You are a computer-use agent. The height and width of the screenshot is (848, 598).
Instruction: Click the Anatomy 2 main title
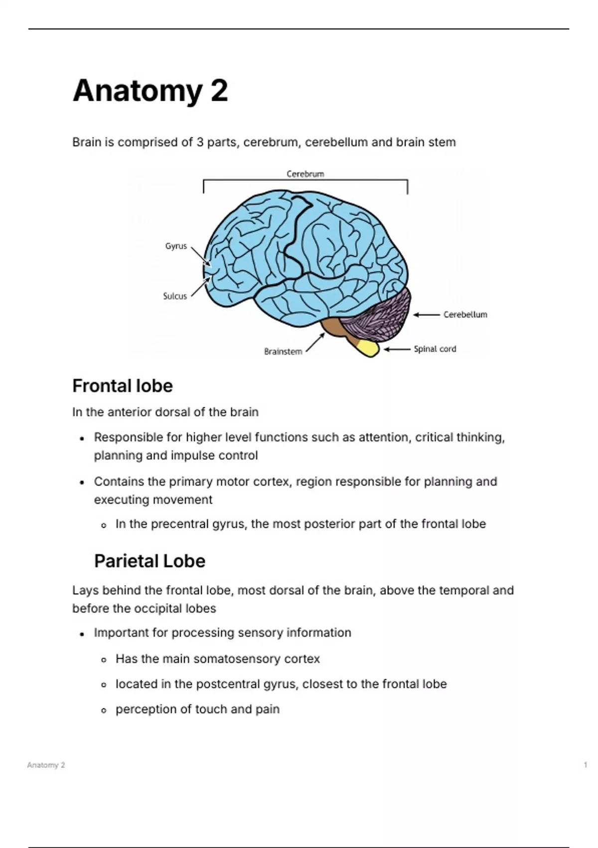click(x=150, y=91)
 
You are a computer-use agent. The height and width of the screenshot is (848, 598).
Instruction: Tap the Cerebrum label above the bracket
click(x=305, y=174)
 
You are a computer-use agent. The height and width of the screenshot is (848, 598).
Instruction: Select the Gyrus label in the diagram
click(x=176, y=246)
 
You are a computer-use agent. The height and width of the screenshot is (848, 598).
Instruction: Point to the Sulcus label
click(x=175, y=296)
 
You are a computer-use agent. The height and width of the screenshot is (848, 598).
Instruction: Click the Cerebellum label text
click(x=465, y=315)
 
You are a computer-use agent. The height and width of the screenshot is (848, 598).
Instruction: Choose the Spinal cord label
click(x=435, y=349)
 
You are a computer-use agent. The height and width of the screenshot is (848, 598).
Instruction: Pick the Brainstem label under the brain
click(x=283, y=352)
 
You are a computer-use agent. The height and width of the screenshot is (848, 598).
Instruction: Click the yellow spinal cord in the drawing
click(x=369, y=348)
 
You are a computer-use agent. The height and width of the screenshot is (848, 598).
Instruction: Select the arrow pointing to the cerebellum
click(x=427, y=315)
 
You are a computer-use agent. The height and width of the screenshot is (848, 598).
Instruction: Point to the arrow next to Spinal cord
click(x=397, y=350)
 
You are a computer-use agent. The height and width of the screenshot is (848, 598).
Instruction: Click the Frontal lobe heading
click(x=123, y=386)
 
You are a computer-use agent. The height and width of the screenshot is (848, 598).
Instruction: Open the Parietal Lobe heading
click(x=149, y=561)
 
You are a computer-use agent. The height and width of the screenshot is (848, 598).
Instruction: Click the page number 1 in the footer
click(x=586, y=765)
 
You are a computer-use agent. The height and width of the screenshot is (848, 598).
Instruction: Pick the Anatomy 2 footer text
click(x=46, y=765)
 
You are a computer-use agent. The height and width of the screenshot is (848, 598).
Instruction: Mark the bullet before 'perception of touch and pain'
click(x=104, y=710)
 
